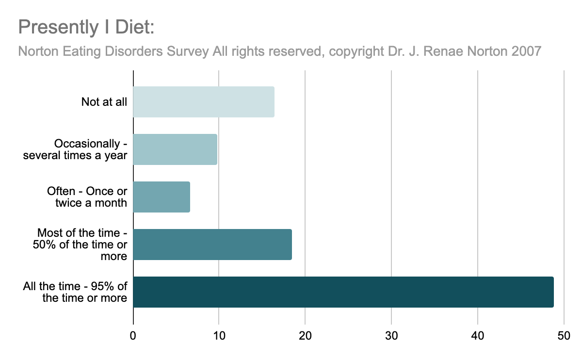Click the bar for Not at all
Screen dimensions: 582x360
(204, 102)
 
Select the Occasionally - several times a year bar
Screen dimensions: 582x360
(175, 149)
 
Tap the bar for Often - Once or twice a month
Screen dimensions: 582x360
(162, 197)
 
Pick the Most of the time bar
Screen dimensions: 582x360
(212, 245)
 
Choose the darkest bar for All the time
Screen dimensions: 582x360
(343, 292)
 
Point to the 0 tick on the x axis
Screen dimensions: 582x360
(133, 336)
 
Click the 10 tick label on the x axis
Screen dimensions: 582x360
(219, 336)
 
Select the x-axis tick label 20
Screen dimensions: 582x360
(305, 336)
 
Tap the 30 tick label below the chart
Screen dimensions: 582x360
(391, 336)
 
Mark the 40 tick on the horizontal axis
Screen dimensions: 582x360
(478, 336)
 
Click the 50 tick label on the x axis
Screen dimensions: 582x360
(564, 336)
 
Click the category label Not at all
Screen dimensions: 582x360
(104, 102)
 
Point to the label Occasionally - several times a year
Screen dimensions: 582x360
(75, 149)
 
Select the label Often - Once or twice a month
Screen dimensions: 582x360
(87, 197)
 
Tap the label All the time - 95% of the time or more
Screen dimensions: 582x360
(75, 292)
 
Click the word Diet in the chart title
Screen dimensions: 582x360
(135, 27)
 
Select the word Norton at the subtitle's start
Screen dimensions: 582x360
(38, 51)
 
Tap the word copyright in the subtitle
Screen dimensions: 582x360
(356, 52)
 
